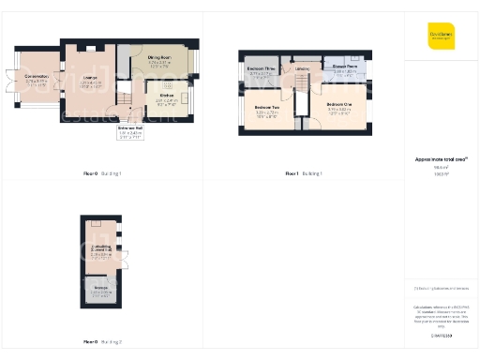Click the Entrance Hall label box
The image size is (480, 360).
[x=129, y=132]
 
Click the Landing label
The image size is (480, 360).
[x=304, y=68]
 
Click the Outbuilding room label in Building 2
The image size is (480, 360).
[x=100, y=250]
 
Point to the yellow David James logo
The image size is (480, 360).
[x=442, y=35]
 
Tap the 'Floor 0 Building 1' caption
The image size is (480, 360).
[x=103, y=174]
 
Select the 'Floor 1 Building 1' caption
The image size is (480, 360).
[x=304, y=174]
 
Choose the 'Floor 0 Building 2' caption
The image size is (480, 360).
[x=103, y=341]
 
